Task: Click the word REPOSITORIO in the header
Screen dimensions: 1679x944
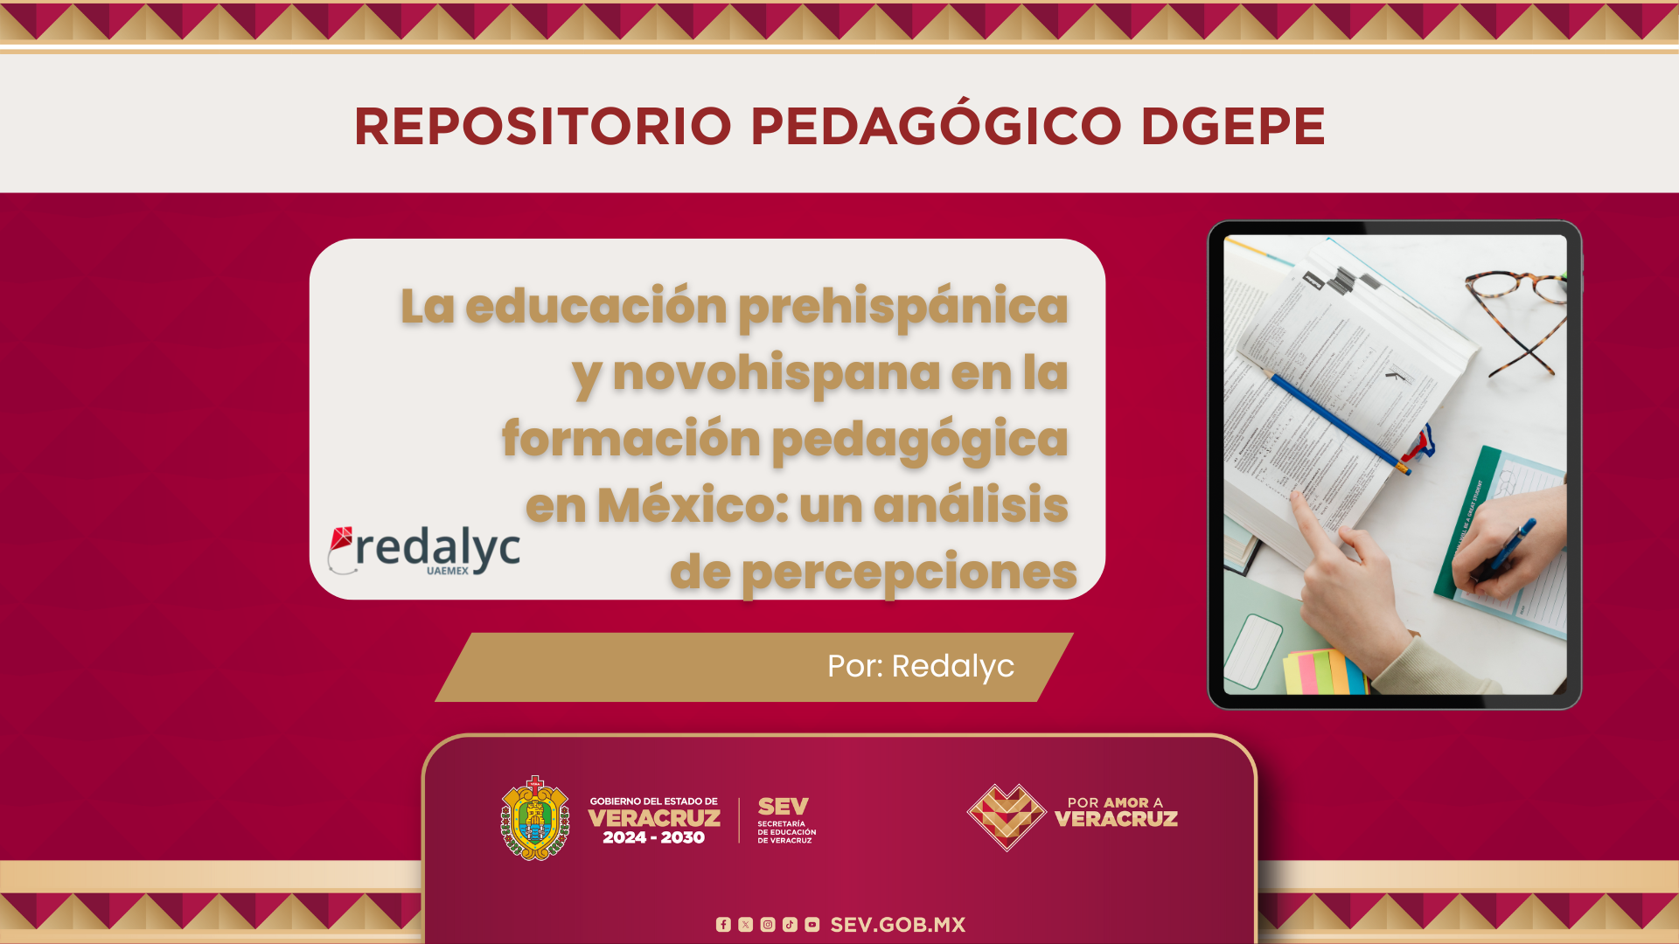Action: (x=542, y=127)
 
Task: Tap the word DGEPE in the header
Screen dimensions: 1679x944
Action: (x=1233, y=127)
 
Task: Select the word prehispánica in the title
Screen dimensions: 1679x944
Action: (x=903, y=309)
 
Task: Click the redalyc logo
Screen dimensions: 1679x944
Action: (x=424, y=551)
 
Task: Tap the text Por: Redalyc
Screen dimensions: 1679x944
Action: (x=921, y=666)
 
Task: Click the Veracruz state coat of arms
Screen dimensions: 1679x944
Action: (x=535, y=818)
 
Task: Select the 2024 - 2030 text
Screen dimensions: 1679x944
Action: (x=654, y=837)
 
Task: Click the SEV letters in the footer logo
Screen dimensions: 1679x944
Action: (x=784, y=806)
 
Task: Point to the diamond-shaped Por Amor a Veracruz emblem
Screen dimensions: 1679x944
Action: (x=1007, y=817)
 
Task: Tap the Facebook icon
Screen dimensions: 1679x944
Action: (x=723, y=925)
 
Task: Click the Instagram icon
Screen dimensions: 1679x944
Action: (x=768, y=925)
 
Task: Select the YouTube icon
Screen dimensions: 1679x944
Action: (x=812, y=925)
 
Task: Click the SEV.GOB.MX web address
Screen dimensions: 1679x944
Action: (x=898, y=925)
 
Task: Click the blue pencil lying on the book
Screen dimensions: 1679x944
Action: (x=1340, y=424)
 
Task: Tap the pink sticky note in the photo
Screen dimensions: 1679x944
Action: (x=1308, y=672)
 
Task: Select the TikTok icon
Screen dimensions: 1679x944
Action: (x=790, y=925)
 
